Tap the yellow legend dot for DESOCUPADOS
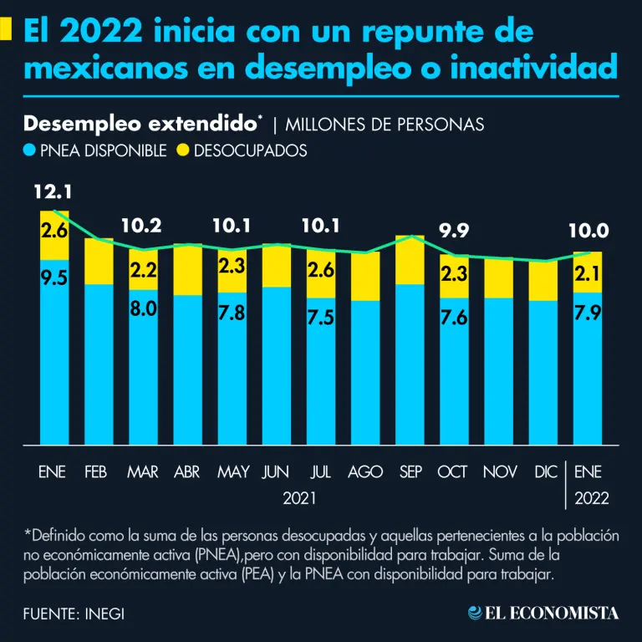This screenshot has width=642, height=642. pos(183,150)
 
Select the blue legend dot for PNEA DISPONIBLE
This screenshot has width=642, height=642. pos(29,150)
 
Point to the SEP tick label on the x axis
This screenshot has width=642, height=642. pos(410,472)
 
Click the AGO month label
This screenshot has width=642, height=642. pos(365,472)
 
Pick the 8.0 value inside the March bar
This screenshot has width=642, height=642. pos(143,309)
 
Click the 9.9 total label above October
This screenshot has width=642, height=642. pos(455,231)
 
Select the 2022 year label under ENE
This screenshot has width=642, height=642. pos(592,498)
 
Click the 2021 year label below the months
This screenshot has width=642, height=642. pos(299,498)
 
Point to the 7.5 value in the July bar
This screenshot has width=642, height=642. pos(321,318)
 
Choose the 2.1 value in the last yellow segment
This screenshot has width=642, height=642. pos(588,272)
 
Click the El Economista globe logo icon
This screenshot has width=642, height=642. pos(475,613)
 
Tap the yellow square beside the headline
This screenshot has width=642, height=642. pos(6,30)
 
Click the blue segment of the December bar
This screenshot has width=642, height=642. pos(544,372)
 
